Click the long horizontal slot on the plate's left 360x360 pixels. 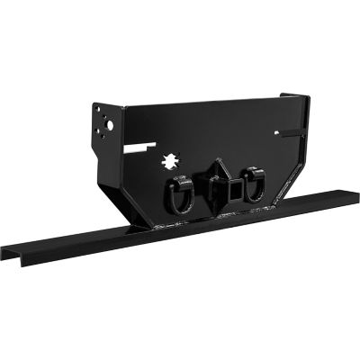(x=145, y=144)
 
